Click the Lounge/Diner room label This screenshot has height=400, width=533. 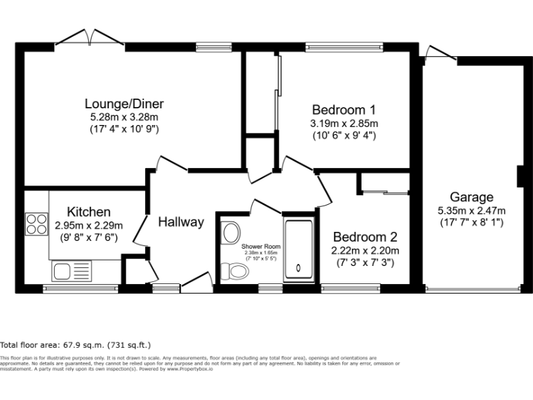coord(124,104)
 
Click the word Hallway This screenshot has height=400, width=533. coord(180,222)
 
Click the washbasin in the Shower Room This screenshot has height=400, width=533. coord(230,233)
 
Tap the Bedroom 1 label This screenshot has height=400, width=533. coord(344,110)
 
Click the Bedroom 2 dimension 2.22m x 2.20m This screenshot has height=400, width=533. coord(366,251)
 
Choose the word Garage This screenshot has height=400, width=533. coord(471,197)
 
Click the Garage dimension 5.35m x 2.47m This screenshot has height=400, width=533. coord(471,210)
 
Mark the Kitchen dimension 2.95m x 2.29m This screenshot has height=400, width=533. coord(88,225)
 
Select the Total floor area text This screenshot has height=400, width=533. coord(76,344)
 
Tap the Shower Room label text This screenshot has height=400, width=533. coord(261,247)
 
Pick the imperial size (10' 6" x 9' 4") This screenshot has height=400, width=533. coord(344,135)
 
